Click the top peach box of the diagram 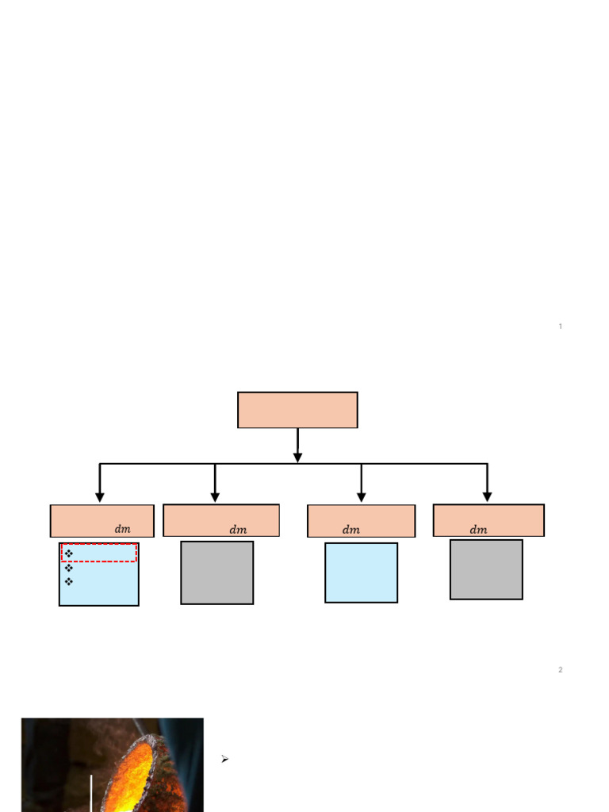click(298, 410)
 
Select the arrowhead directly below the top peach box click(298, 458)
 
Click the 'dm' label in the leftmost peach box click(123, 529)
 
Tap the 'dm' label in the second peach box click(238, 529)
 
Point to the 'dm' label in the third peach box click(351, 529)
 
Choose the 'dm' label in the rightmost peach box click(478, 529)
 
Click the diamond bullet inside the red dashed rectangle click(69, 553)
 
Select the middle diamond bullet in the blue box click(69, 568)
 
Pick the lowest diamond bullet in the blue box click(69, 581)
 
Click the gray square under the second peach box click(217, 573)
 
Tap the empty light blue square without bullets click(362, 573)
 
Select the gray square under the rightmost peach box click(486, 569)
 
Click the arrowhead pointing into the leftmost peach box click(100, 497)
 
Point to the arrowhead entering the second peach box click(215, 497)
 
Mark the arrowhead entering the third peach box click(362, 497)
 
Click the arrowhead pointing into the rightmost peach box click(488, 497)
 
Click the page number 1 click(561, 326)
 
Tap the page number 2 click(561, 669)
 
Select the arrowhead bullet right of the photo click(224, 759)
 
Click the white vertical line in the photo click(92, 793)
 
